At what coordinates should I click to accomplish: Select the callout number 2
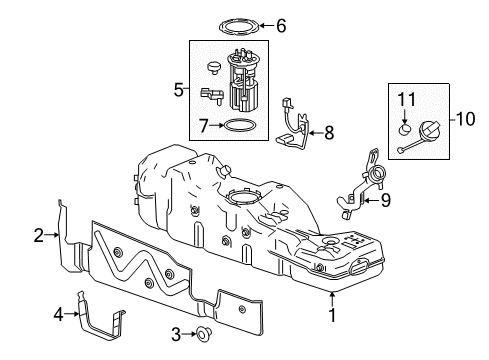point(39,236)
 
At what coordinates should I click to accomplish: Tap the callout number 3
point(175,332)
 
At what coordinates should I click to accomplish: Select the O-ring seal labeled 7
point(238,127)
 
